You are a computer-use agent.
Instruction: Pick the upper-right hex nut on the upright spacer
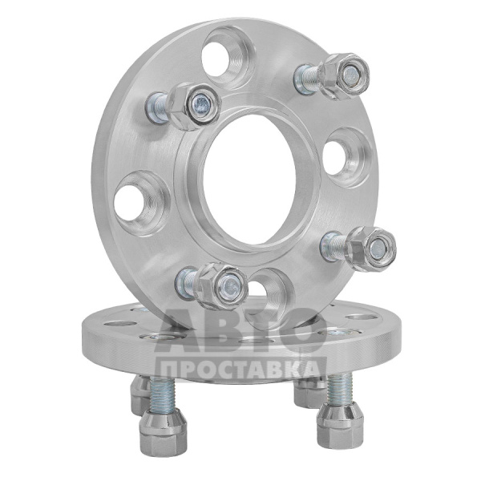coord(345,76)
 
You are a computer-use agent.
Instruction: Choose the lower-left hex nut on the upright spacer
coord(223,287)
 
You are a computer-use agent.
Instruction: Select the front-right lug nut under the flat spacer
coord(340,427)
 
